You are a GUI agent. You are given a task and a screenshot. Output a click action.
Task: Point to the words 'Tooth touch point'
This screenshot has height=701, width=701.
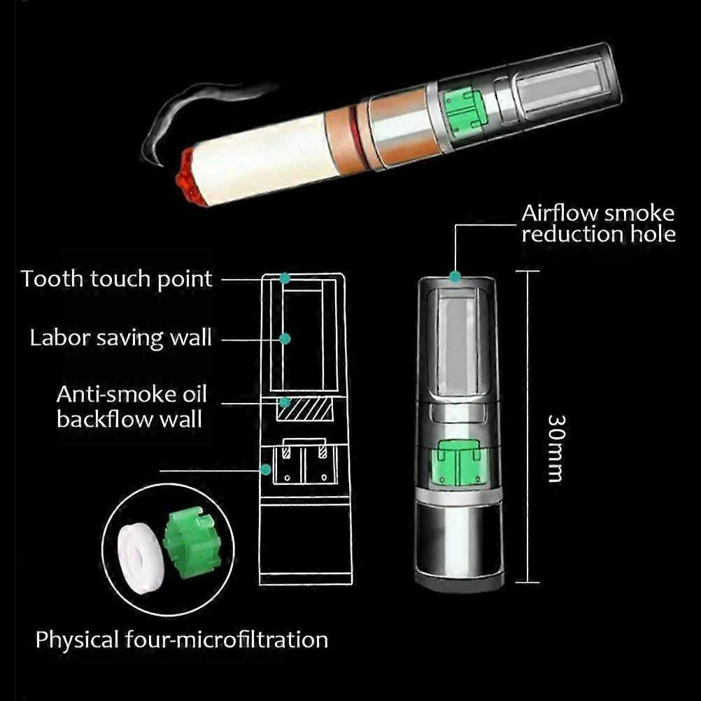[x=116, y=278]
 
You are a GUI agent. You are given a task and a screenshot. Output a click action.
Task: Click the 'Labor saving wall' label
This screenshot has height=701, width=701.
[x=120, y=338]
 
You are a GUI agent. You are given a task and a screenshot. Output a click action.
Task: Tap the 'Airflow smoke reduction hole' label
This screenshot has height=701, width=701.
[x=598, y=223]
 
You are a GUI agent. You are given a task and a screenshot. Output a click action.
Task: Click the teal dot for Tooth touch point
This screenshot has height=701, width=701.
[x=285, y=278]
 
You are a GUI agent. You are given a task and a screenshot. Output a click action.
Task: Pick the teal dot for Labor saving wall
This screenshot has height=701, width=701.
[x=285, y=339]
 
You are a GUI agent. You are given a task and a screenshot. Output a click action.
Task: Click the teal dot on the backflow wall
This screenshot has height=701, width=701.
[x=285, y=402]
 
